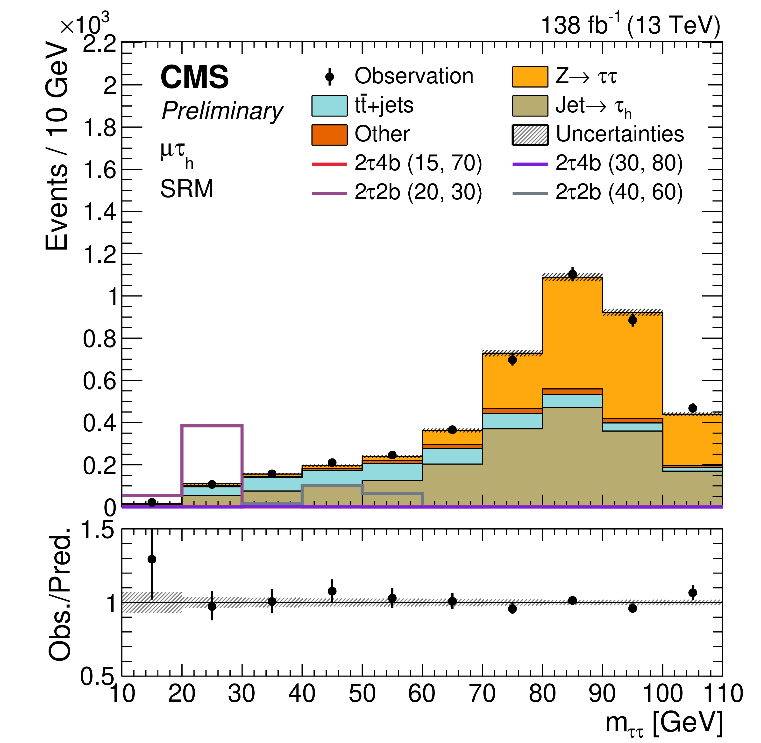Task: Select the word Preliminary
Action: pos(222,111)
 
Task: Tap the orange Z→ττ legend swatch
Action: pos(530,76)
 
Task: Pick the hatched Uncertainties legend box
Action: pos(530,135)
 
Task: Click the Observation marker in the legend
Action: pos(330,76)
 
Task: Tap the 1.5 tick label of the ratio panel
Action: pos(98,531)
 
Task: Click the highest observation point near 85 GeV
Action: pos(572,274)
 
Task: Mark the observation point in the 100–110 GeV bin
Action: pos(692,408)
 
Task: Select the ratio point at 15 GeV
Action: pos(152,559)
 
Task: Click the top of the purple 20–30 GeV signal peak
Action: pos(212,425)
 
